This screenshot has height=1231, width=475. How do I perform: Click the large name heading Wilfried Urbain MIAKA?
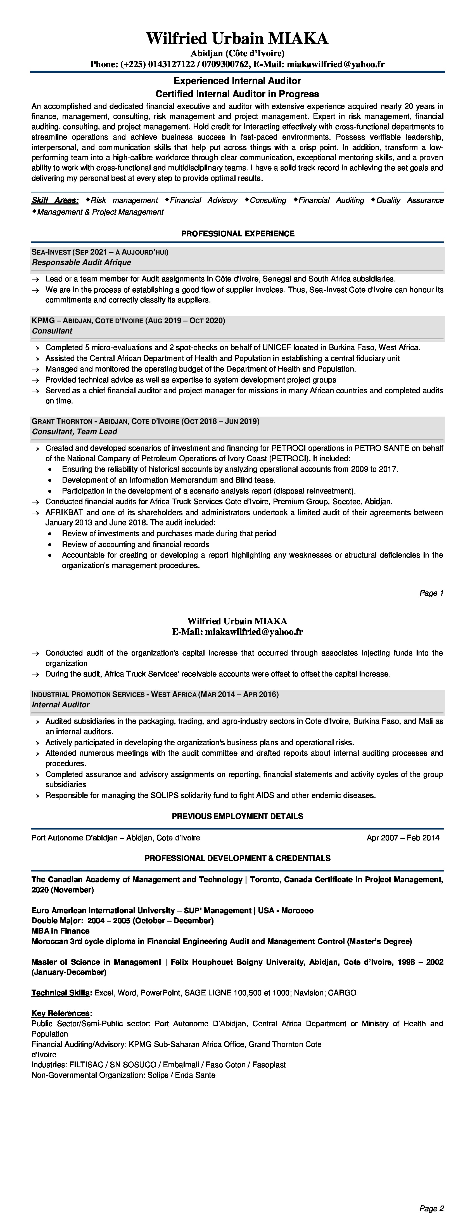[237, 38]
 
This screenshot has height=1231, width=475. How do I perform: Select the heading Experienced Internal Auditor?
[237, 81]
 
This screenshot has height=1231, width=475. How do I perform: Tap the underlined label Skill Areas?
[55, 200]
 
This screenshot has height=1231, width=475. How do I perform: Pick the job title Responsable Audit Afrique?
[81, 262]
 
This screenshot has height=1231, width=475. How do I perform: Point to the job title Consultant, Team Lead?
[75, 431]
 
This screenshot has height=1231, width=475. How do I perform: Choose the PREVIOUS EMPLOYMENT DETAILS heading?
[237, 816]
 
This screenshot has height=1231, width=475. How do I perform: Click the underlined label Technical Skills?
[61, 993]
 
